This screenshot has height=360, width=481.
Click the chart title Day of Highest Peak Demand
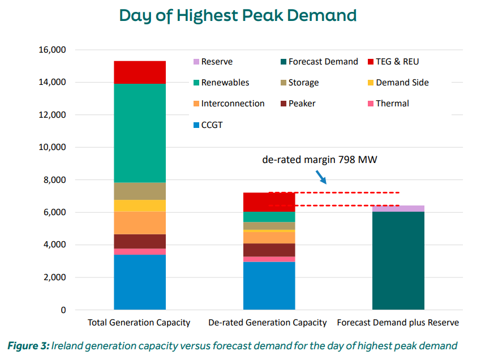(238, 15)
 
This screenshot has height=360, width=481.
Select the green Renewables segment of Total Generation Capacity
(140, 133)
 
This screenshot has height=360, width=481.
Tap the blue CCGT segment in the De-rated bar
(269, 286)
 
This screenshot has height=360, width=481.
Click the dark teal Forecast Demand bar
(398, 261)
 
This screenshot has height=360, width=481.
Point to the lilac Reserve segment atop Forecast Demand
(398, 209)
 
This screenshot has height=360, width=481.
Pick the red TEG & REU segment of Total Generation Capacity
(140, 72)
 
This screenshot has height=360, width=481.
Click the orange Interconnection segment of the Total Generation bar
(140, 223)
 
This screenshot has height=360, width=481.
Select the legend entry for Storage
(303, 83)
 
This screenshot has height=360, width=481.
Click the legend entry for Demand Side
(402, 83)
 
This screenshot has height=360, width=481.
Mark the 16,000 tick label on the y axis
(51, 50)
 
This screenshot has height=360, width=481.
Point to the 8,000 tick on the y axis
(53, 180)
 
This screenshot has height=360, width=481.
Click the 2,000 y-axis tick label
(53, 278)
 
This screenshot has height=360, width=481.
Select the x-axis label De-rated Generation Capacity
(268, 323)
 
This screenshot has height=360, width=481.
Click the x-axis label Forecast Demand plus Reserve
(398, 323)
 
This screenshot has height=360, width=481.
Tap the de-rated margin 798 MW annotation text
(320, 160)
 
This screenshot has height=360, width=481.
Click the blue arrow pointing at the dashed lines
(321, 177)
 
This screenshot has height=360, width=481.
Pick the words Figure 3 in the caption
(27, 345)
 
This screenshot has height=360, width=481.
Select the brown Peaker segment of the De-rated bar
(269, 250)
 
